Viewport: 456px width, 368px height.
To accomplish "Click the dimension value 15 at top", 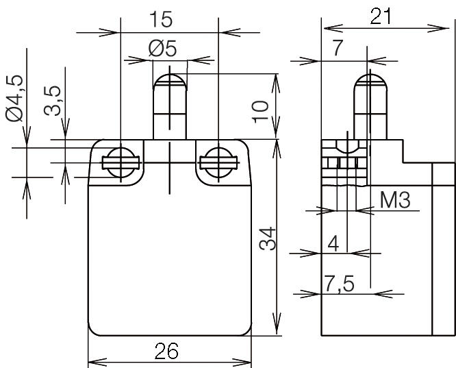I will [x=169, y=18].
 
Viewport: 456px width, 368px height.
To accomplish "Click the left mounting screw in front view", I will [x=121, y=162].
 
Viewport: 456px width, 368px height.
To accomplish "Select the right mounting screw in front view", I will [x=218, y=162].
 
